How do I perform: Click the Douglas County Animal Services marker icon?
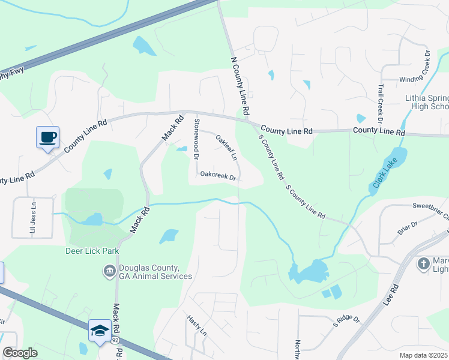pyautogui.click(x=109, y=271)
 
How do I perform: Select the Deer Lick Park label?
pyautogui.click(x=92, y=251)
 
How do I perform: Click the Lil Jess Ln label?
pyautogui.click(x=33, y=217)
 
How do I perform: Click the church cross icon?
pyautogui.click(x=424, y=263)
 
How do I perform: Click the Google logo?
pyautogui.click(x=20, y=352)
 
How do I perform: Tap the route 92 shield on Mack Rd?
pyautogui.click(x=115, y=340)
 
